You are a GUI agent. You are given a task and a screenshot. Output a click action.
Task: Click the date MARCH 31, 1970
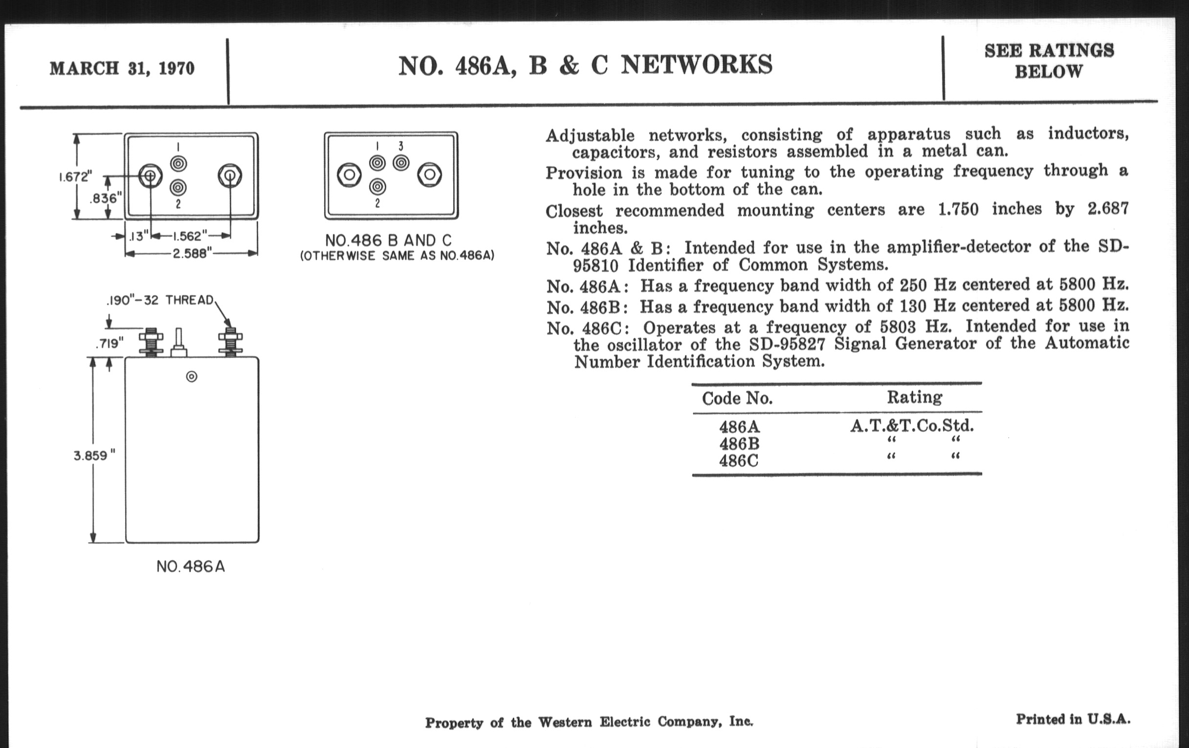click(x=122, y=68)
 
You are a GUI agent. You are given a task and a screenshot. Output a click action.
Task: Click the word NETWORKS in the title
click(x=696, y=65)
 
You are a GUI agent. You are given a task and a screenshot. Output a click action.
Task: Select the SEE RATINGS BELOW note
click(x=1049, y=61)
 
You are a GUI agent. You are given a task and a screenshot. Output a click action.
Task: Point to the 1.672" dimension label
click(x=75, y=177)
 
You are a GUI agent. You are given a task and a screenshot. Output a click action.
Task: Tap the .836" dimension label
click(x=105, y=198)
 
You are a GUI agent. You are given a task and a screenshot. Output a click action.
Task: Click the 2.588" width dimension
click(x=192, y=254)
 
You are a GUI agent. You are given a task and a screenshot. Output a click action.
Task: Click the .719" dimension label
click(x=109, y=343)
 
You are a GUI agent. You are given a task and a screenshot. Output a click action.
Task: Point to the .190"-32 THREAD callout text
click(x=160, y=300)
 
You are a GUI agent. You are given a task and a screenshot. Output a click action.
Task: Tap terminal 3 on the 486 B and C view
click(x=401, y=162)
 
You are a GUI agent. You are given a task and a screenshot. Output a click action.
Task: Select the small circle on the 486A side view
click(x=192, y=377)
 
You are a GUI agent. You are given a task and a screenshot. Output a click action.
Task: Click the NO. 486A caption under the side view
click(x=191, y=567)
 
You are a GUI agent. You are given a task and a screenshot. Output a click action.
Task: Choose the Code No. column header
click(x=737, y=398)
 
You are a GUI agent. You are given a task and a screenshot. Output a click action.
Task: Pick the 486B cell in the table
click(x=739, y=443)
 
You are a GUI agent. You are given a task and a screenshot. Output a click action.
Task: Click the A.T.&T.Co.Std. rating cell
click(x=911, y=426)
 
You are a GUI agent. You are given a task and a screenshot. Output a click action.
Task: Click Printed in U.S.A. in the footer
click(x=1073, y=719)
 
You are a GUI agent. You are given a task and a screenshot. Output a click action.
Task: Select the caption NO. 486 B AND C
click(x=388, y=241)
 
